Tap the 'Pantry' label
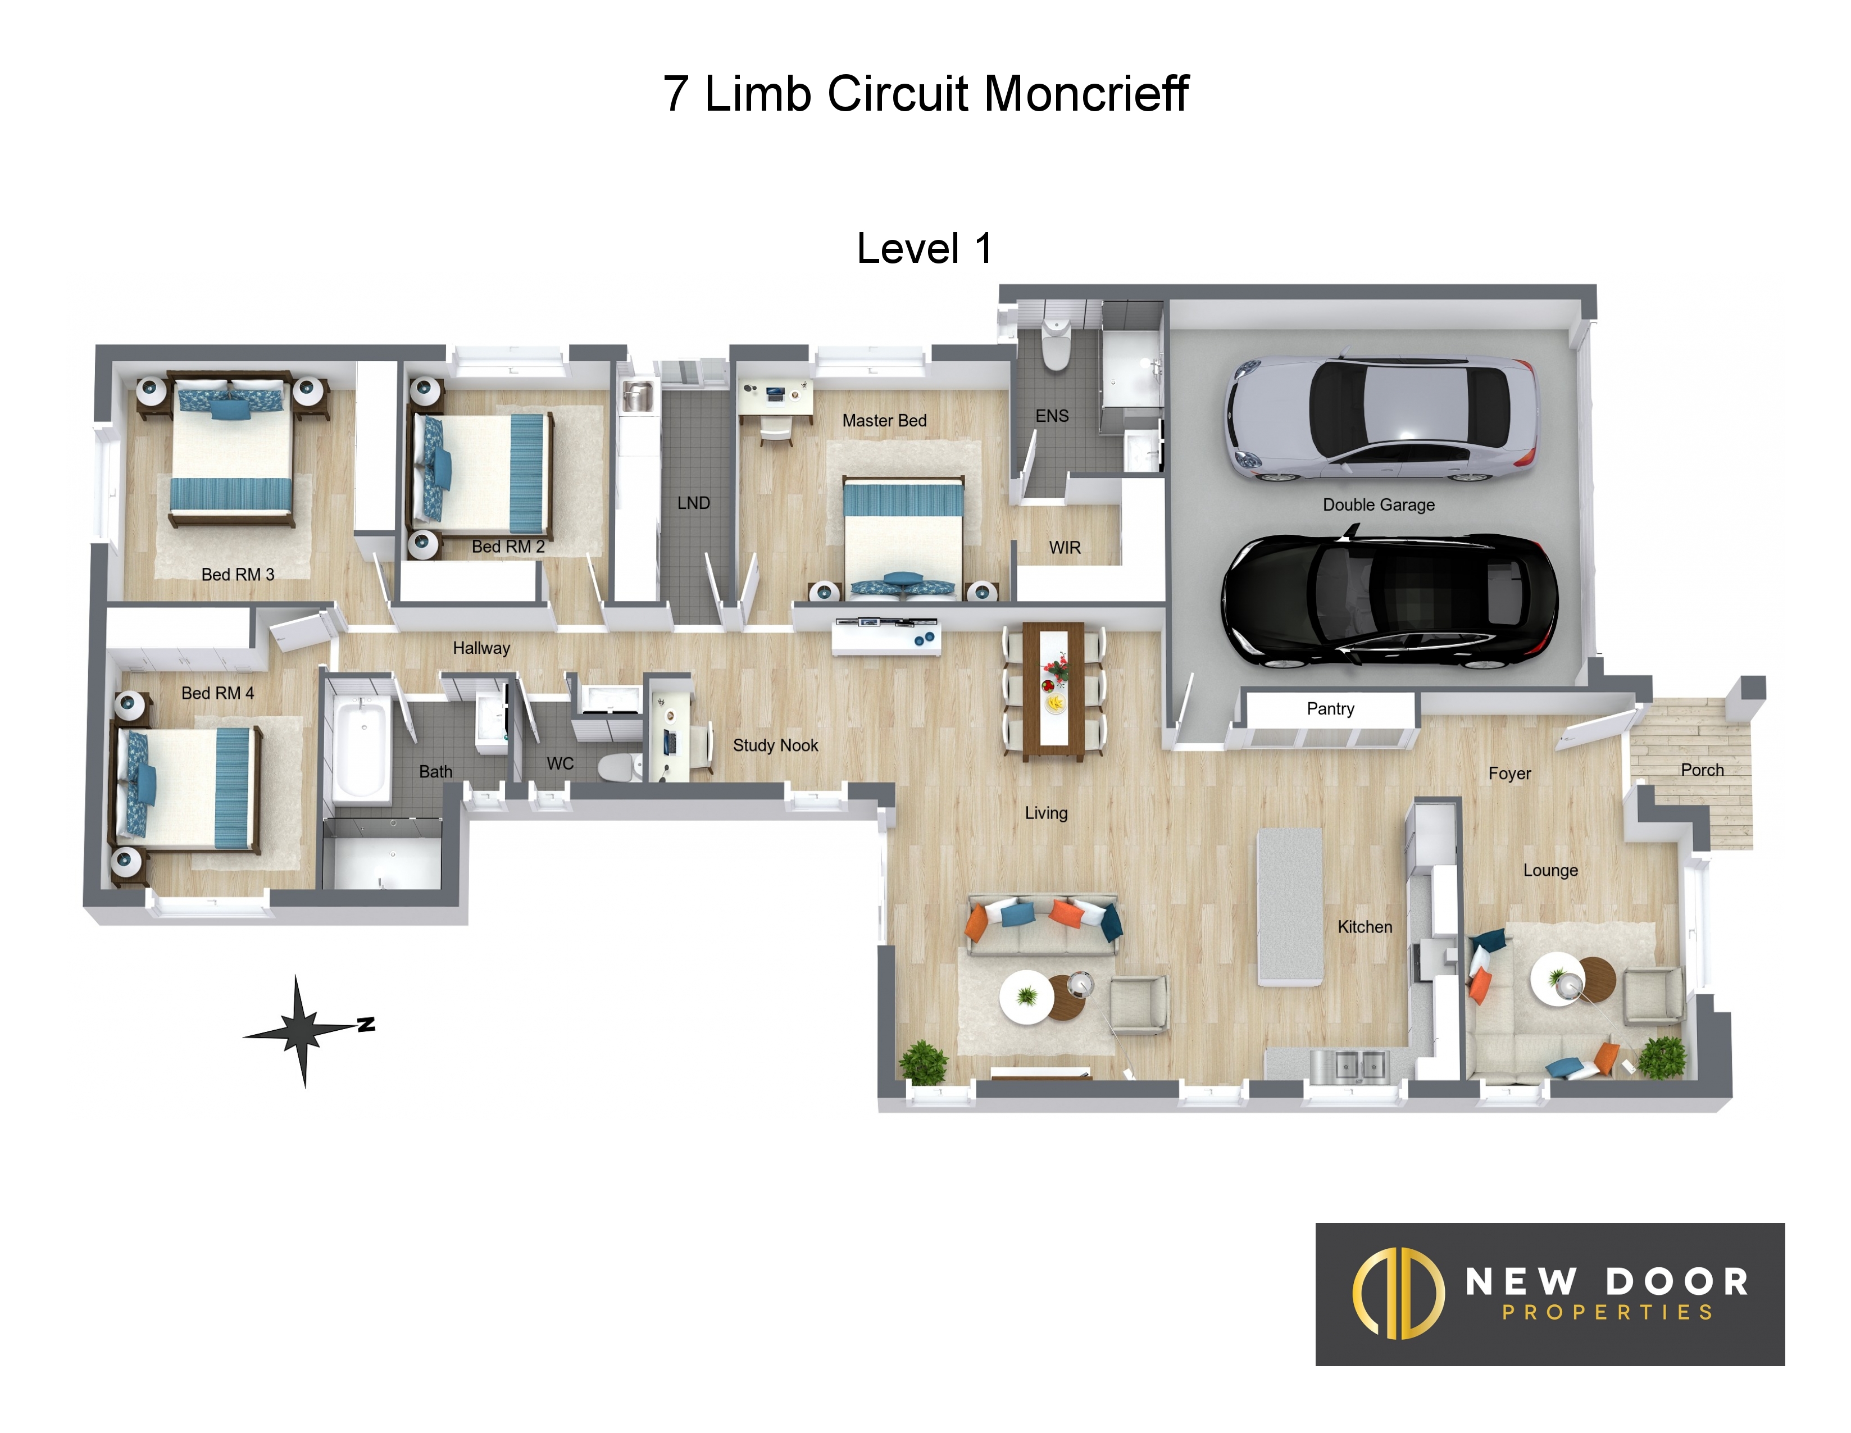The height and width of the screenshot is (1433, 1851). pos(1330,708)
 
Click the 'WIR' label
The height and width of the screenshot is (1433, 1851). pos(1065,548)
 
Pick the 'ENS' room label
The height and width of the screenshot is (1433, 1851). pos(1052,416)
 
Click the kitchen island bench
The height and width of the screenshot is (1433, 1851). pos(1289,906)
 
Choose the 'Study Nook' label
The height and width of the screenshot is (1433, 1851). pos(775,746)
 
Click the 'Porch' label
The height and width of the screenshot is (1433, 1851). pos(1702,770)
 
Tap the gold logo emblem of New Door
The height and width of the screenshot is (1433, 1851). pos(1398,1293)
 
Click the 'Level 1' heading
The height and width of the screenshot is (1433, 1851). pos(924,248)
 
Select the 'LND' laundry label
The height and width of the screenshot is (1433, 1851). pos(693,503)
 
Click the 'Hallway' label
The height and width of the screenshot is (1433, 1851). pos(481,648)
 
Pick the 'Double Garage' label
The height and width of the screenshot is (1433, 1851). pos(1379,505)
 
